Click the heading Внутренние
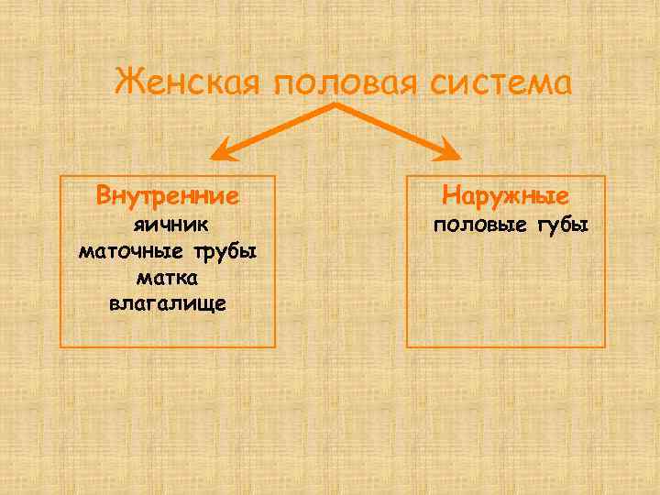pyautogui.click(x=168, y=196)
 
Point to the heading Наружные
pyautogui.click(x=505, y=196)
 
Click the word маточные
pyautogui.click(x=132, y=251)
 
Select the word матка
pyautogui.click(x=168, y=277)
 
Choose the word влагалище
pyautogui.click(x=168, y=302)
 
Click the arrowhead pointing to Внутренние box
pyautogui.click(x=222, y=149)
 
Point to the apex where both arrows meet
pyautogui.click(x=335, y=105)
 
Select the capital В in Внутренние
pyautogui.click(x=104, y=196)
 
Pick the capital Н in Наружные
pyautogui.click(x=450, y=196)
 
